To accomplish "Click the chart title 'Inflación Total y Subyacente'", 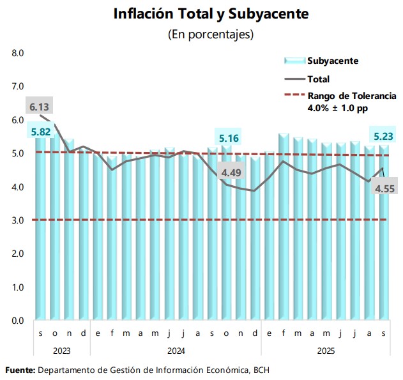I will [201, 13].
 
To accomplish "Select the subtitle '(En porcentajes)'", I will [201, 34].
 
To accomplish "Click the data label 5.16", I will [228, 138].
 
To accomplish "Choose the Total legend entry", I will [318, 79].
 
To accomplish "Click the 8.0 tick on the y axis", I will [18, 53].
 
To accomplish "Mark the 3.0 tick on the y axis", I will [18, 220].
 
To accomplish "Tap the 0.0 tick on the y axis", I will [18, 321].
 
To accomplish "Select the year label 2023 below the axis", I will [61, 350].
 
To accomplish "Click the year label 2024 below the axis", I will [176, 350].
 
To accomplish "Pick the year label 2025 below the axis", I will [325, 350].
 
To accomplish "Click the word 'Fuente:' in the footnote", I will [20, 370].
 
